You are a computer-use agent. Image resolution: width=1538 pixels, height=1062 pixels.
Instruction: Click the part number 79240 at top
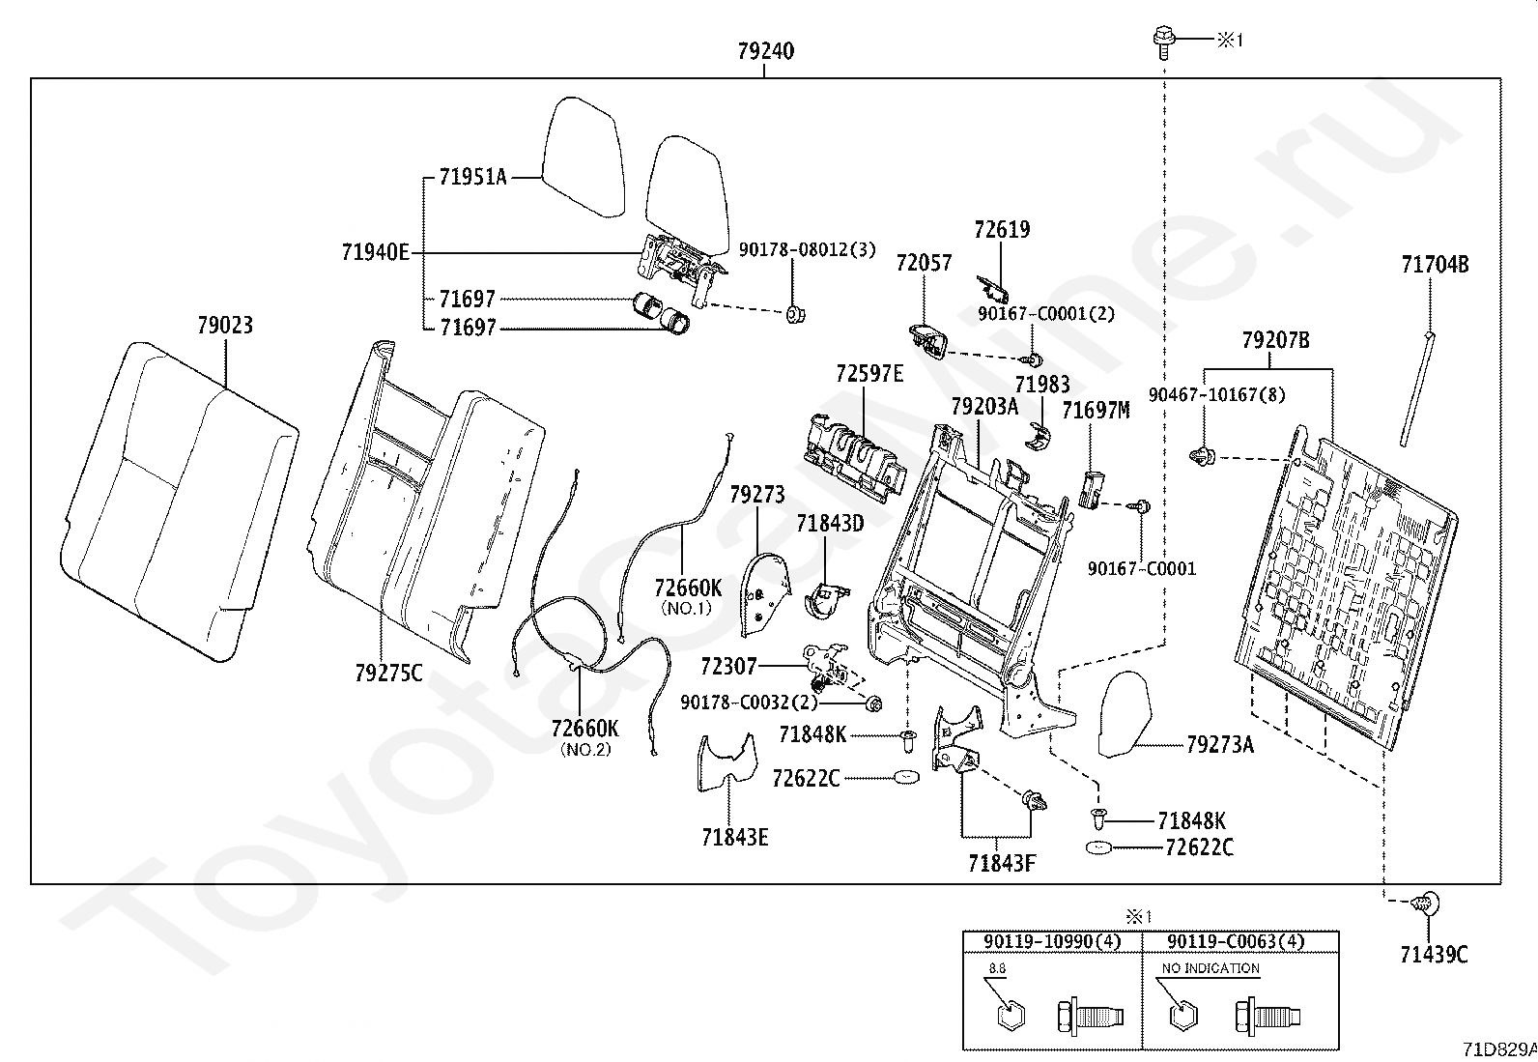tap(765, 51)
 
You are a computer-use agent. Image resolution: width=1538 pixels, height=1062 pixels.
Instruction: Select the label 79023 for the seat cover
tap(224, 326)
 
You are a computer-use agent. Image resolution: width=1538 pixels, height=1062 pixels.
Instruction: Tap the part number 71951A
tap(472, 177)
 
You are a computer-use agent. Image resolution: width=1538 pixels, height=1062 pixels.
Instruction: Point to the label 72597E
tap(869, 373)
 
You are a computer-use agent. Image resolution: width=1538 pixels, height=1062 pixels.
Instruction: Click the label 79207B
tap(1275, 340)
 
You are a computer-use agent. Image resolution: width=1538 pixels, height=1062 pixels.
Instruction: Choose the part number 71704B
tap(1435, 265)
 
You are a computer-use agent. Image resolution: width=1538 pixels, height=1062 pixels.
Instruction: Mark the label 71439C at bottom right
tap(1434, 955)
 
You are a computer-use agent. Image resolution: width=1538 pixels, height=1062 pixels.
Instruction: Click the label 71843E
tap(734, 837)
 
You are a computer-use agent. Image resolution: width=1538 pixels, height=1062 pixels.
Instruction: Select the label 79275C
tap(388, 673)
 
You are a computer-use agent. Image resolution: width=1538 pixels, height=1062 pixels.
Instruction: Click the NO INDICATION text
tap(1210, 967)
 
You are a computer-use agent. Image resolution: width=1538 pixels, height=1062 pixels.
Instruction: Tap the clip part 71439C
tap(1425, 904)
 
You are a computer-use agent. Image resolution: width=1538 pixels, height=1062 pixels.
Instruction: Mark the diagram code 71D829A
tap(1498, 1048)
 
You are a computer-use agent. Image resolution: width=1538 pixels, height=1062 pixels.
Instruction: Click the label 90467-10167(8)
tap(1203, 394)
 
